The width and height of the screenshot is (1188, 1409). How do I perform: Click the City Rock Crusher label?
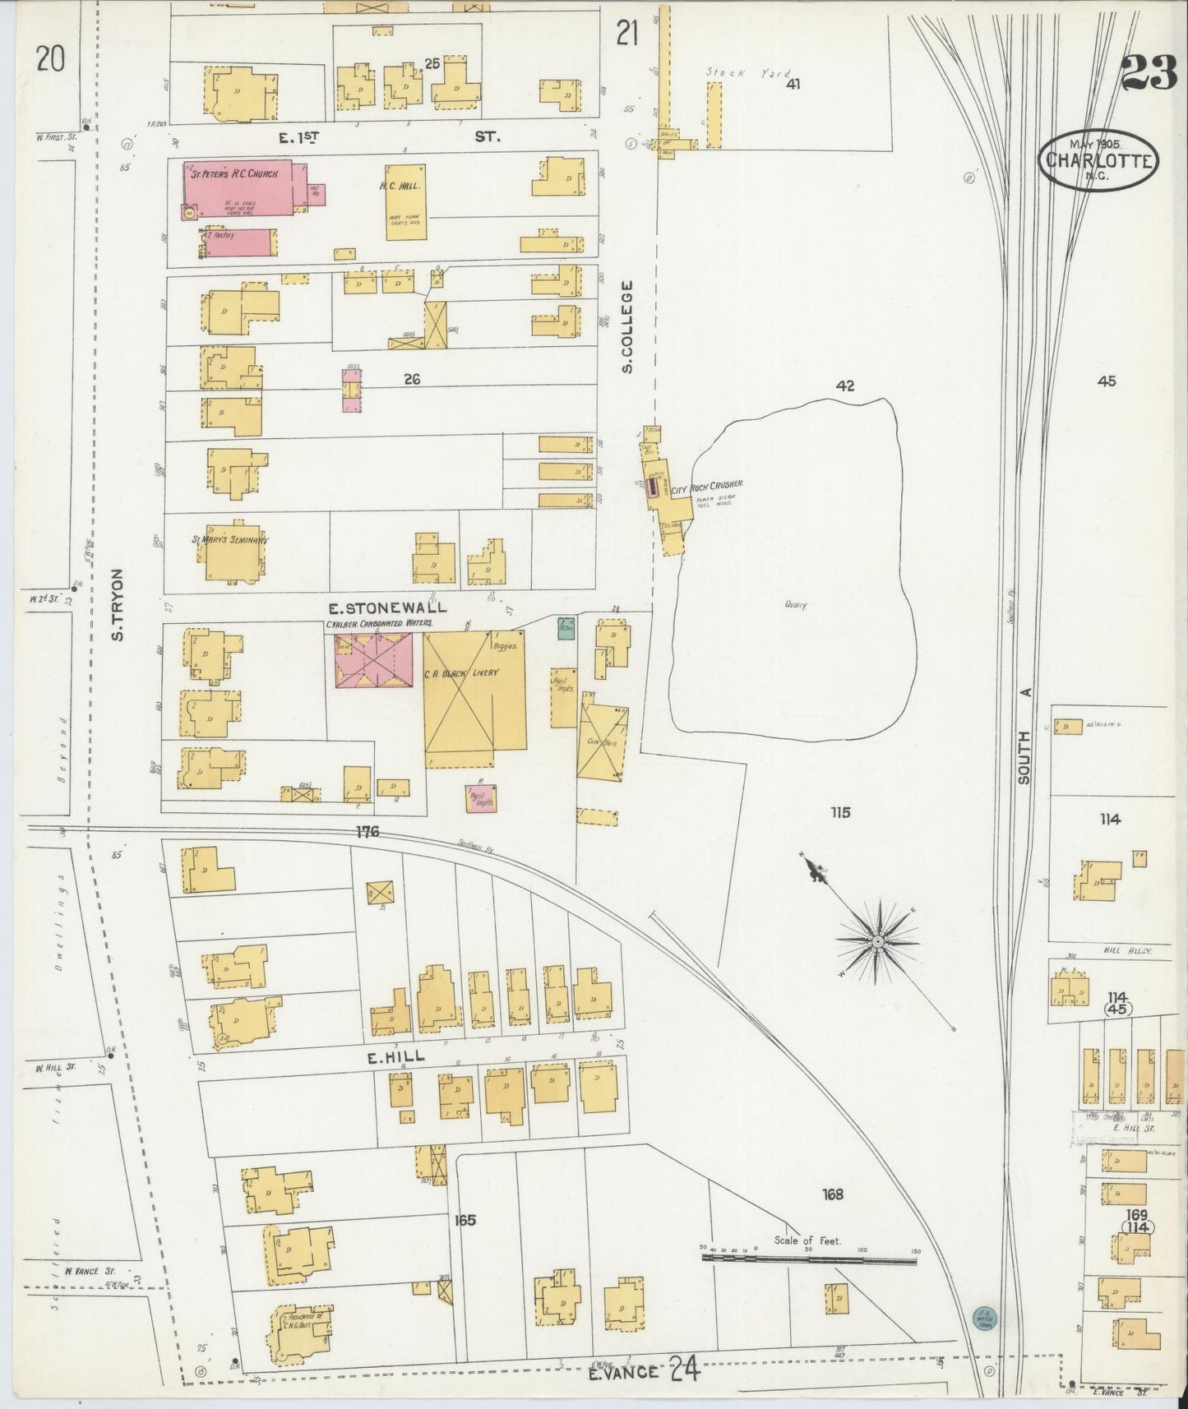click(x=707, y=486)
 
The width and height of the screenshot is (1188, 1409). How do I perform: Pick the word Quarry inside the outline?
click(x=795, y=605)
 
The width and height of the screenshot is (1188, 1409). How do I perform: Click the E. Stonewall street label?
click(x=387, y=607)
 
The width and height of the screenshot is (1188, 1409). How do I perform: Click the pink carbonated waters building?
click(x=373, y=662)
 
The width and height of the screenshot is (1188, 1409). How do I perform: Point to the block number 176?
click(x=367, y=832)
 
